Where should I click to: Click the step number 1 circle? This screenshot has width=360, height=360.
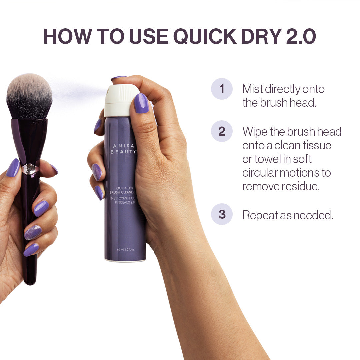click(222, 89)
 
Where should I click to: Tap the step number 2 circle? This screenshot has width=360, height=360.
click(222, 131)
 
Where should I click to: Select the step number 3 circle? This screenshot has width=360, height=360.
click(222, 214)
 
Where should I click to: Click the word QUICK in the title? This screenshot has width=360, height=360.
click(205, 37)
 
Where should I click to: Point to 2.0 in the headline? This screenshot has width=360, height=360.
click(301, 36)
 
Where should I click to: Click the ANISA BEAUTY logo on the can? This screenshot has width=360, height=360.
click(123, 149)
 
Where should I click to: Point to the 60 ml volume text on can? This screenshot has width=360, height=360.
click(126, 250)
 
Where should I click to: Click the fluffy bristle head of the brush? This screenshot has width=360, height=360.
click(29, 96)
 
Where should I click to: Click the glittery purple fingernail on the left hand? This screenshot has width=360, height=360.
click(33, 233)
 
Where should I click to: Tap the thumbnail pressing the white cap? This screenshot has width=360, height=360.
click(141, 103)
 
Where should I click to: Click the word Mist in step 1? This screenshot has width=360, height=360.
click(252, 89)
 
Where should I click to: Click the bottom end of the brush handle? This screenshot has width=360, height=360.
click(30, 284)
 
